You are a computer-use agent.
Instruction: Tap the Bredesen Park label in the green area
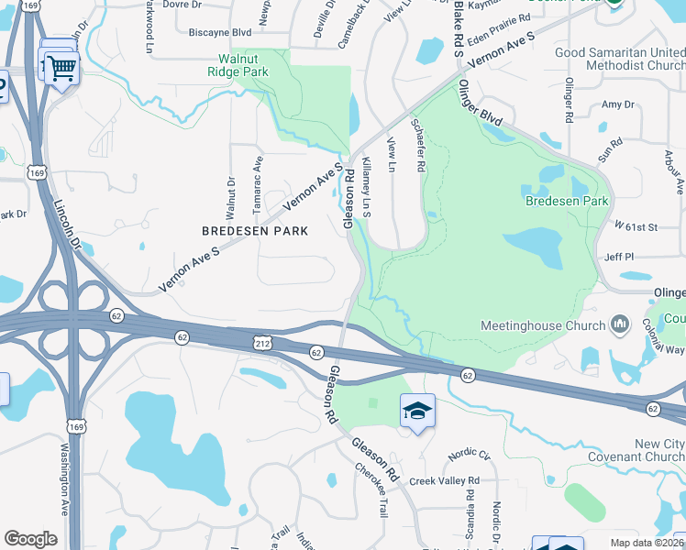(567, 201)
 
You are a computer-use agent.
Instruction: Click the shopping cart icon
(61, 66)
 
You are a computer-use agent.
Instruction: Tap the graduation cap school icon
(417, 410)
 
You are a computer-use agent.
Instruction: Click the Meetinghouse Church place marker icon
(621, 324)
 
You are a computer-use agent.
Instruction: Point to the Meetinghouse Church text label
(543, 325)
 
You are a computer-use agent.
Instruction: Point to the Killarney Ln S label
(368, 186)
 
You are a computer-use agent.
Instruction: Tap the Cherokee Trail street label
(372, 489)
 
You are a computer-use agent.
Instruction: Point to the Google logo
(30, 539)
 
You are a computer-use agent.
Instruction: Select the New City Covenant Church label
(647, 450)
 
